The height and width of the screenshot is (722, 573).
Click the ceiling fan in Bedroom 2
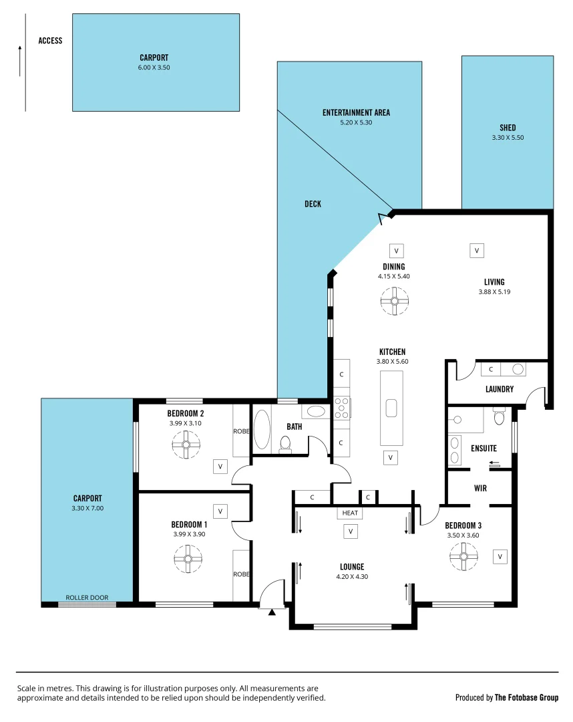(x=186, y=445)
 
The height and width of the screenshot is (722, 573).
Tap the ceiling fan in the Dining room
(x=394, y=301)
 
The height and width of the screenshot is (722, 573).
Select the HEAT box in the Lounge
(x=350, y=513)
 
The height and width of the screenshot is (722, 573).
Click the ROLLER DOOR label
(x=87, y=598)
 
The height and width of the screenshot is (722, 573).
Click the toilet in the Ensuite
(x=498, y=418)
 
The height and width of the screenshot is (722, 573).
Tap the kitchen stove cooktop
(x=341, y=407)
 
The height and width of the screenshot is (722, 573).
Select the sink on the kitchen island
(x=391, y=407)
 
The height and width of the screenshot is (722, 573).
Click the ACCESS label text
(x=50, y=41)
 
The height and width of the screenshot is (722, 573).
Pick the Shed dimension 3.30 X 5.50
(x=508, y=137)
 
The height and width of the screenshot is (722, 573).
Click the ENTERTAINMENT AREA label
(x=356, y=112)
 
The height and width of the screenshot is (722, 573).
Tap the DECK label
(x=313, y=204)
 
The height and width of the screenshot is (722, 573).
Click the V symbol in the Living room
(x=477, y=251)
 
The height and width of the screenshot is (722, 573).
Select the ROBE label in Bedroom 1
(x=241, y=574)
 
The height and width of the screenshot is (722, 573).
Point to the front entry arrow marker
(x=271, y=611)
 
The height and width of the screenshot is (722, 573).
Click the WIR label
(x=480, y=488)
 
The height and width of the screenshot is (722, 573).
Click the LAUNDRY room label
(x=499, y=388)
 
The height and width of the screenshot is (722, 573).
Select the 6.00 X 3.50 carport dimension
(x=154, y=67)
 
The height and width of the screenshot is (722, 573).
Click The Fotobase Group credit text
(x=526, y=697)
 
